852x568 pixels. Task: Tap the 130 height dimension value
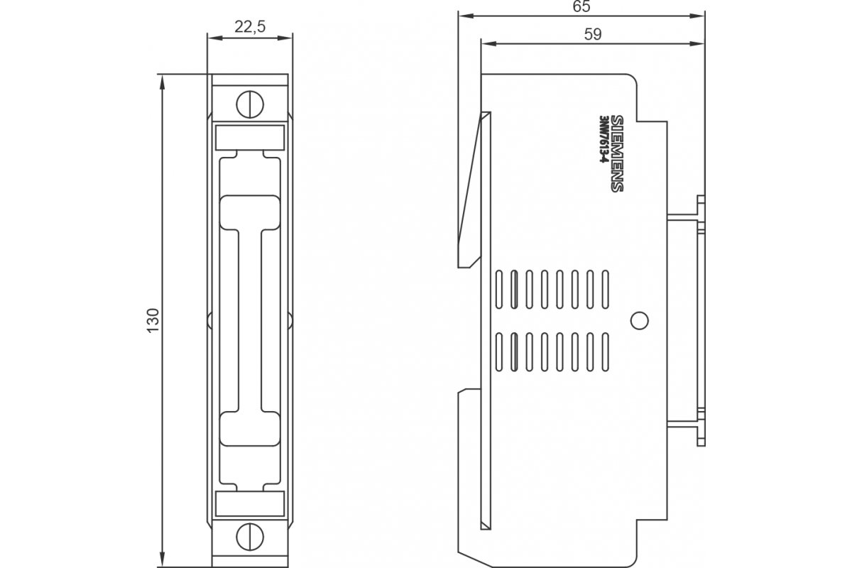(153, 321)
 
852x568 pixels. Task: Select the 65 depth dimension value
(581, 7)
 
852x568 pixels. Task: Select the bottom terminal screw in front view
(249, 534)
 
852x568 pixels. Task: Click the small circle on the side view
(639, 321)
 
